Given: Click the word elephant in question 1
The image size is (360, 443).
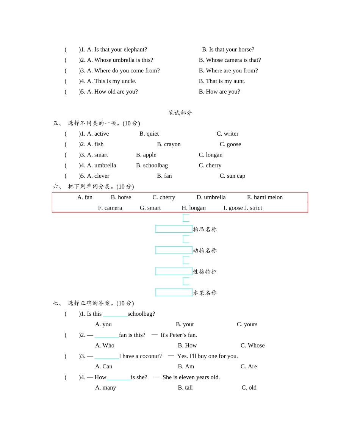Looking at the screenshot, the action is [x=135, y=50].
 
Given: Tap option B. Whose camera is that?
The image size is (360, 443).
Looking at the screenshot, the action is [x=230, y=60].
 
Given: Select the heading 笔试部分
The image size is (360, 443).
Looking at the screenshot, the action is [x=180, y=113].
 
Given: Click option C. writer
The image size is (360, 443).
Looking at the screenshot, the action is [x=227, y=134].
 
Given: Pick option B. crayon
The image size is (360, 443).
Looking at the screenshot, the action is [x=169, y=144].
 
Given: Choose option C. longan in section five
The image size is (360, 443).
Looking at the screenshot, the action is [x=210, y=155].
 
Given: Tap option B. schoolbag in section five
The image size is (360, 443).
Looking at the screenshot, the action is [x=152, y=166].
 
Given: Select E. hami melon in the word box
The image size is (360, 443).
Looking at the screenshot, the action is [x=265, y=197].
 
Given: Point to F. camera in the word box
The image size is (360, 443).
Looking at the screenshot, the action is [x=110, y=208].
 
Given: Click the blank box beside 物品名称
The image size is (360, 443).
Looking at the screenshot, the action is [x=174, y=229].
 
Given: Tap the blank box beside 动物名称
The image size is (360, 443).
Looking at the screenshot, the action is [x=174, y=250].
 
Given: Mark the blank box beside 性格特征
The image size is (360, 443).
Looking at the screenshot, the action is [x=174, y=271].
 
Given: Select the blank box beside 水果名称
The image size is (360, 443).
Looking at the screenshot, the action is [x=174, y=293].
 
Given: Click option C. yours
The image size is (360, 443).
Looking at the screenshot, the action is [x=247, y=324].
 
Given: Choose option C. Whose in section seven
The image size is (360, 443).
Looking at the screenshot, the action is [x=252, y=346].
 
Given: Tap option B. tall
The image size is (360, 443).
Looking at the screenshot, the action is [x=185, y=388].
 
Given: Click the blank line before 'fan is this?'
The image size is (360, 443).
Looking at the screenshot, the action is [x=106, y=335].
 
